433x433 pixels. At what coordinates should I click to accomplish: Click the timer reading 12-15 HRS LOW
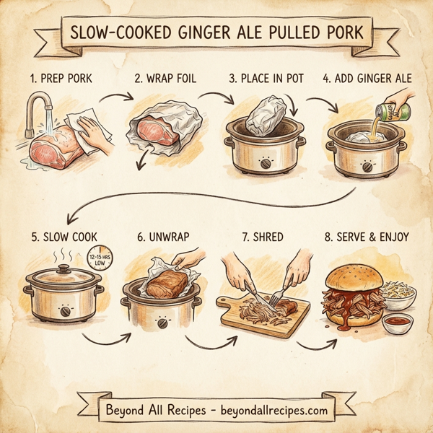(96, 259)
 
